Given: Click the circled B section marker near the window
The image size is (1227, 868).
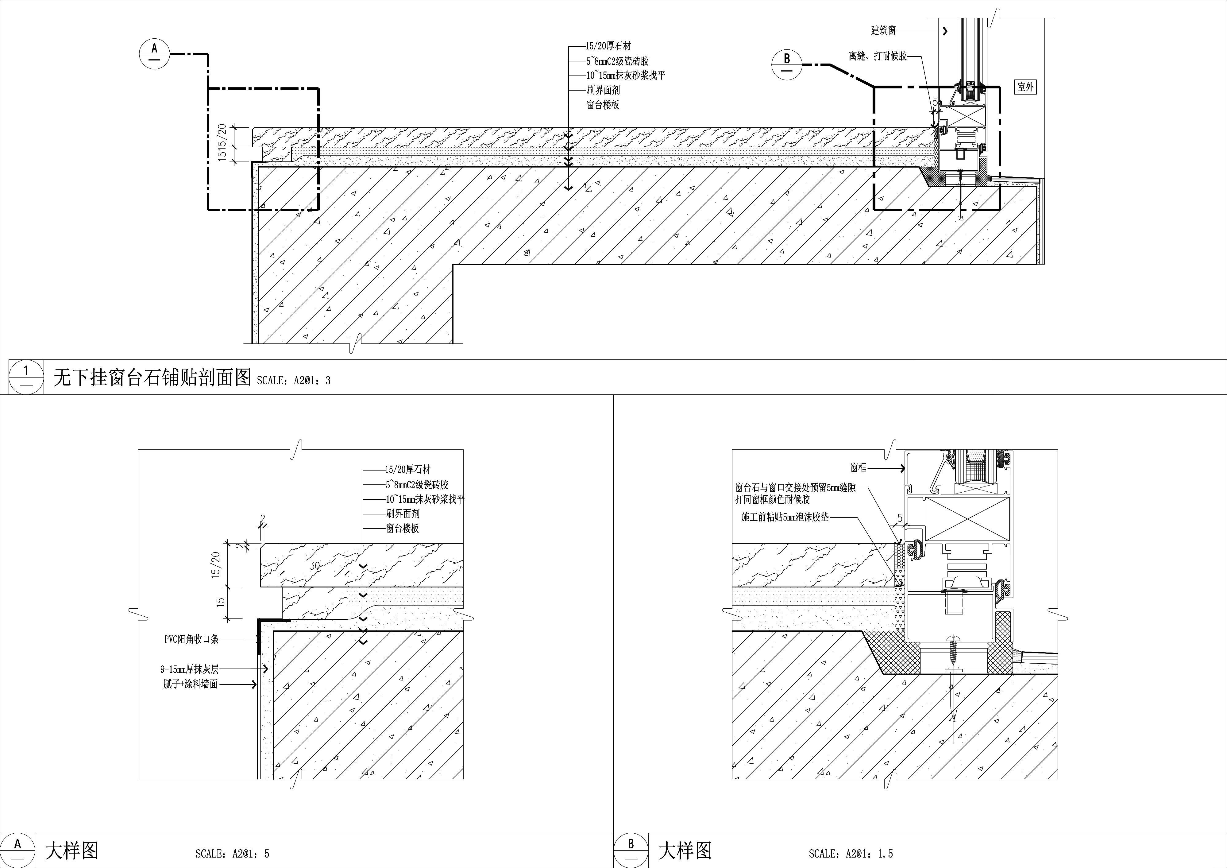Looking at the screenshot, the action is (787, 65).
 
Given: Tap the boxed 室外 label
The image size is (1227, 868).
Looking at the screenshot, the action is (1025, 87).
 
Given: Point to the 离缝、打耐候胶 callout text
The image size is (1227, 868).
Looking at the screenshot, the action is (878, 56).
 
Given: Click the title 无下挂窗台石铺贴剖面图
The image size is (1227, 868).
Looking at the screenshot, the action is (152, 378).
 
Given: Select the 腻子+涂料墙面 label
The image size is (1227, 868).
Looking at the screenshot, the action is (191, 684).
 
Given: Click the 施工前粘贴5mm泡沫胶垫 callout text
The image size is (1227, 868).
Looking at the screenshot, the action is (785, 517).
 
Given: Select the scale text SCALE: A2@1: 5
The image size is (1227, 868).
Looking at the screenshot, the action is (233, 854).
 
